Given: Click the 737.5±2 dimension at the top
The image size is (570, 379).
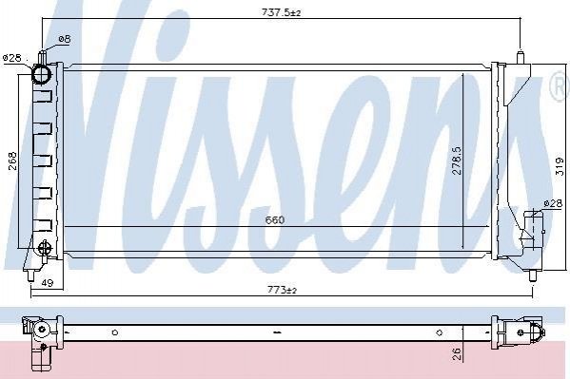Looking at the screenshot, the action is (282, 12).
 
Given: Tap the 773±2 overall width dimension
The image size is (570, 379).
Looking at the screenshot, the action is (282, 290).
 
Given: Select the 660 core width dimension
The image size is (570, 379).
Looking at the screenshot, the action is (275, 220).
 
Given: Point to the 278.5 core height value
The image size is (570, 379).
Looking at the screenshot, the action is (457, 161).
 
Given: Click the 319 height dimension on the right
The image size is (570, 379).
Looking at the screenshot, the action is (560, 166).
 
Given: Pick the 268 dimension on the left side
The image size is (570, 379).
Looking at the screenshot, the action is (12, 161).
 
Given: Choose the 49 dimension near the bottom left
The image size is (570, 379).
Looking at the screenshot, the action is (48, 282).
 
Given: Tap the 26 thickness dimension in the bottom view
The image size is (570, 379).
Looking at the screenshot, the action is (457, 353).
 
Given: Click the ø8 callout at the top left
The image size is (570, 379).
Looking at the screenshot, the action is (65, 39).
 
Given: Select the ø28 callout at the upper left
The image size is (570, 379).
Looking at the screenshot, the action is (12, 58).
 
